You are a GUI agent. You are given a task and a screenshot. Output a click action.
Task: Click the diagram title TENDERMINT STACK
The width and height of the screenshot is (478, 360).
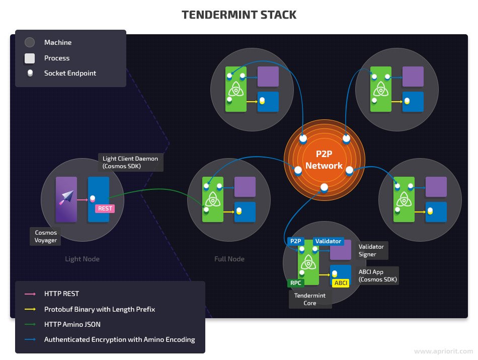[239, 15]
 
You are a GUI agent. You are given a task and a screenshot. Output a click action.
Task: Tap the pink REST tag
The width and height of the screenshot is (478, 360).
[105, 208]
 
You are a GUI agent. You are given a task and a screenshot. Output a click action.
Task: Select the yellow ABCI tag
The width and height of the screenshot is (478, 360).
[341, 283]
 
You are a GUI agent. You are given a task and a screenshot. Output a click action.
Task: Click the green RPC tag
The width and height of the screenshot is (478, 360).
[295, 283]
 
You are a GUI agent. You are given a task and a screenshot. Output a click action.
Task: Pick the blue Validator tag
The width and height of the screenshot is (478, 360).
[328, 241]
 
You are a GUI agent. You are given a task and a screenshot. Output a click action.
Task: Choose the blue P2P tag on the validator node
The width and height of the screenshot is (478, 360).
[295, 241]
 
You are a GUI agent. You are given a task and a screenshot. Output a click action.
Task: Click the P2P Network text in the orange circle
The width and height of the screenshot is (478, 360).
[324, 160]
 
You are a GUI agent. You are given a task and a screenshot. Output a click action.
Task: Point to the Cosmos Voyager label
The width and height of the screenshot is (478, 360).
[46, 237]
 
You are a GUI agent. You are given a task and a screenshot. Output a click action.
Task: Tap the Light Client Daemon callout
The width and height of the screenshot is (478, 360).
[130, 162]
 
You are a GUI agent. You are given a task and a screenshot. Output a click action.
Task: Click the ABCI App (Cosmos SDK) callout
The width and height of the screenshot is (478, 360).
[377, 275]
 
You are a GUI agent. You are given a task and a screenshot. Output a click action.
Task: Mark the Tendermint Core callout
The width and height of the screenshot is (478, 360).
[310, 299]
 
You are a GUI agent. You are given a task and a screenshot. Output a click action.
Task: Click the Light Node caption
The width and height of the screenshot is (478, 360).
[83, 259]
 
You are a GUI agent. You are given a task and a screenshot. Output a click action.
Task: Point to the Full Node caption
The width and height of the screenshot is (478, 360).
[229, 259]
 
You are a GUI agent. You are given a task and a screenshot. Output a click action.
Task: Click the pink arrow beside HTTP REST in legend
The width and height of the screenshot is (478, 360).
[30, 294]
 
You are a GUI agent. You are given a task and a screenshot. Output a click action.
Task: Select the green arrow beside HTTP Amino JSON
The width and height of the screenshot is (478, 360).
[30, 324]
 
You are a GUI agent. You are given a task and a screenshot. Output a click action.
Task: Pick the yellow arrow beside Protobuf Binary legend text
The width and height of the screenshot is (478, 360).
[30, 309]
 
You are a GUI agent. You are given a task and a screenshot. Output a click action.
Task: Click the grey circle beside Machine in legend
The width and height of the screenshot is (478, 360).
[30, 43]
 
